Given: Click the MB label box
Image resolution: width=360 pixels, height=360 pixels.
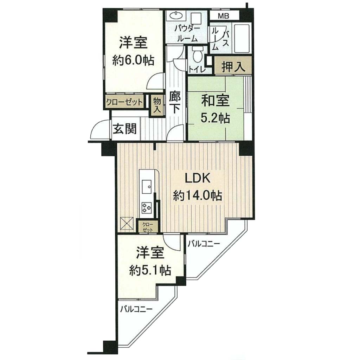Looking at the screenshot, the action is click(225, 16).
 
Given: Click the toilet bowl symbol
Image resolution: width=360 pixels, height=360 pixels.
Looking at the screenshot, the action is click(197, 54).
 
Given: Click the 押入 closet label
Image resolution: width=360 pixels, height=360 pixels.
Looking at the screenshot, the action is click(233, 66).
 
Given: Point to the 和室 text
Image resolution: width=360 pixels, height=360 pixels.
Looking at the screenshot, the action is click(215, 101).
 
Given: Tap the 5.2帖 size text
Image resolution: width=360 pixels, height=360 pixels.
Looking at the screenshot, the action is click(215, 118).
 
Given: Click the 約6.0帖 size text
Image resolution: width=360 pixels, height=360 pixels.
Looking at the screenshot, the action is click(133, 60).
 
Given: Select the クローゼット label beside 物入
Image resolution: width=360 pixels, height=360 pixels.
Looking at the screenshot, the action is click(124, 102).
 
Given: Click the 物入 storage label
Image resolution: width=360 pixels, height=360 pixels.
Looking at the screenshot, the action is click(157, 105).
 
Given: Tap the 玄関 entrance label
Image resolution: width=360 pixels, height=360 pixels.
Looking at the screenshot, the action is click(125, 129).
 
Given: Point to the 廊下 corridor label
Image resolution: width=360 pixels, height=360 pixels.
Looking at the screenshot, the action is click(175, 103).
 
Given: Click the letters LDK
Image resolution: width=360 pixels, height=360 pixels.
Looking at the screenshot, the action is click(198, 178).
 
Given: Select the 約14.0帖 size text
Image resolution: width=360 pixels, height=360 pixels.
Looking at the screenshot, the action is click(198, 196).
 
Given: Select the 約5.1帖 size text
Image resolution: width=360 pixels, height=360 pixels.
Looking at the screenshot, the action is click(150, 270).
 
